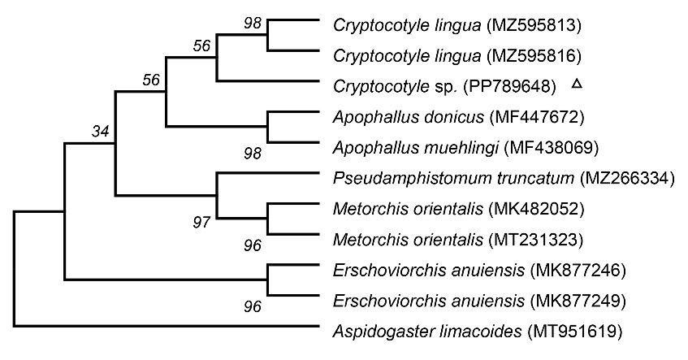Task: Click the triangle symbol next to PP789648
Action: (x=577, y=84)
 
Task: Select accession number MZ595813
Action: (x=534, y=25)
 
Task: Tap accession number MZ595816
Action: (x=534, y=56)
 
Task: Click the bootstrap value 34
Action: (x=100, y=131)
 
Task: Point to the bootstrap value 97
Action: (x=201, y=223)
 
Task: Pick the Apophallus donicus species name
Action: (x=408, y=117)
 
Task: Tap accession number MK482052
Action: (x=536, y=209)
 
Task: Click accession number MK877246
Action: (x=578, y=270)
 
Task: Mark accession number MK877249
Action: (x=578, y=301)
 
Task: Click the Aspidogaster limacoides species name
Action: (x=427, y=331)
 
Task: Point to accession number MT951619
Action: (x=575, y=331)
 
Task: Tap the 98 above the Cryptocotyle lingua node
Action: (x=253, y=24)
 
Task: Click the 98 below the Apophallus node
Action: (x=253, y=154)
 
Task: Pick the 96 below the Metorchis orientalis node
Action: (x=253, y=245)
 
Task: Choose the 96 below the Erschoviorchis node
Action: (x=253, y=306)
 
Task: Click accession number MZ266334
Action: (x=627, y=178)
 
